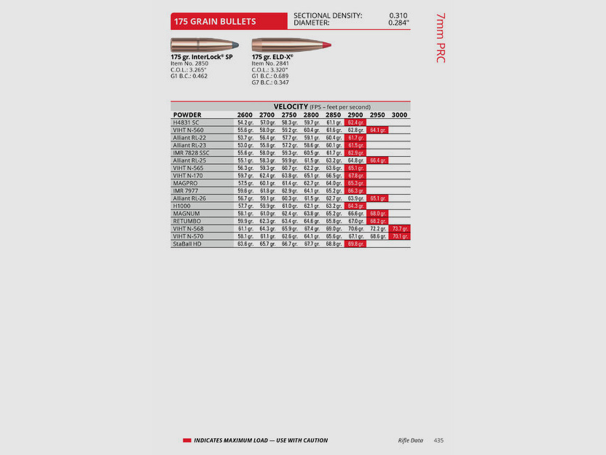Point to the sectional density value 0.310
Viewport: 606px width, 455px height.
pyautogui.click(x=398, y=15)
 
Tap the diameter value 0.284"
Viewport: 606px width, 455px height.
pyautogui.click(x=398, y=23)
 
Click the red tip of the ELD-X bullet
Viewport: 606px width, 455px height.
pyautogui.click(x=327, y=45)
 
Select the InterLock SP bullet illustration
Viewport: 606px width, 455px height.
pyautogui.click(x=206, y=44)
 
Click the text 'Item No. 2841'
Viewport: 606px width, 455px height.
pyautogui.click(x=271, y=63)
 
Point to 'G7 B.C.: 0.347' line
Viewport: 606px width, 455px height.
pyautogui.click(x=270, y=82)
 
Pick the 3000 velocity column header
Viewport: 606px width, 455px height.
pyautogui.click(x=400, y=115)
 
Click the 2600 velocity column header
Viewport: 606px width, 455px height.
pyautogui.click(x=245, y=115)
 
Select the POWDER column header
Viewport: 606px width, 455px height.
pyautogui.click(x=187, y=115)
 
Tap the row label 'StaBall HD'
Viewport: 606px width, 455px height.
pyautogui.click(x=187, y=244)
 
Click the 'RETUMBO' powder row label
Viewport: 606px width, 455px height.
pyautogui.click(x=186, y=221)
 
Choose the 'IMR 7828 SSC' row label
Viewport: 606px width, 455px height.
pyautogui.click(x=191, y=152)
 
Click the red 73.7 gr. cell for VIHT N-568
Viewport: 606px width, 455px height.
pyautogui.click(x=400, y=228)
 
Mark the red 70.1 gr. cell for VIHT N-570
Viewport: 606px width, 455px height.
pyautogui.click(x=400, y=236)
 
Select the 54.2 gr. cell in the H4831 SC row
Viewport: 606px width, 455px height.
pyautogui.click(x=245, y=122)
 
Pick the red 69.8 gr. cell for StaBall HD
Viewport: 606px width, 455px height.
pyautogui.click(x=355, y=244)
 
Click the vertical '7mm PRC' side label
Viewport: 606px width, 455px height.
pyautogui.click(x=440, y=37)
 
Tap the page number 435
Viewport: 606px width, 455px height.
pyautogui.click(x=438, y=440)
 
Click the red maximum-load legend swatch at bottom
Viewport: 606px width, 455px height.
pyautogui.click(x=187, y=440)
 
